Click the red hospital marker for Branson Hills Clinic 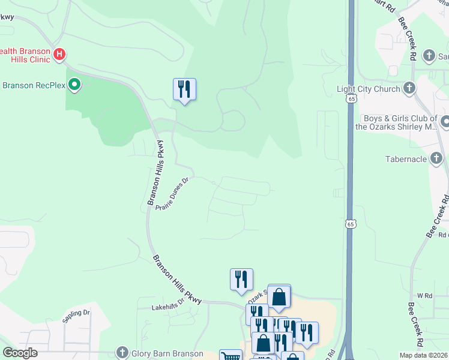59,55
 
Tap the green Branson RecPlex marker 74,85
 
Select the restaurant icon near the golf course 184,89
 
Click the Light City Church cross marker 409,89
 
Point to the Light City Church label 368,89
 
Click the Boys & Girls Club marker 445,122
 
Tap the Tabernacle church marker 438,159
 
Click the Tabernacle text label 406,159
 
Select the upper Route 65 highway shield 350,99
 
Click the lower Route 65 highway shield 350,223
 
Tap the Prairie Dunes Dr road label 172,193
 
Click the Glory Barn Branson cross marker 122,352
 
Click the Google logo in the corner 20,353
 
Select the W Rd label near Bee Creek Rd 424,296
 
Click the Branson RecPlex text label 33,85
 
